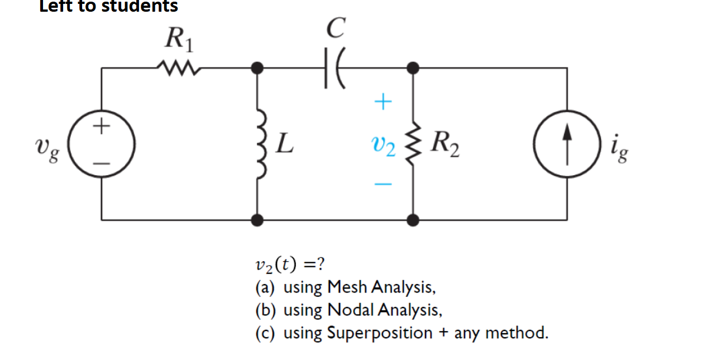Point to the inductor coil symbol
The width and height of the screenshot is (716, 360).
260,146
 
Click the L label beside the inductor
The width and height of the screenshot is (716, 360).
285,146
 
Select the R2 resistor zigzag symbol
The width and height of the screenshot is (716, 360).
413,146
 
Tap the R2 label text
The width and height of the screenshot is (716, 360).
446,146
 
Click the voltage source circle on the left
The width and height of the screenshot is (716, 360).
102,143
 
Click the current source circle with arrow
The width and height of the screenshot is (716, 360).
567,145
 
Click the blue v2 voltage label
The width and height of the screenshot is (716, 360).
383,147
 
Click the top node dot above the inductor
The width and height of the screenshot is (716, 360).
257,68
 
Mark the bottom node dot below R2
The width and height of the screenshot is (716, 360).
413,220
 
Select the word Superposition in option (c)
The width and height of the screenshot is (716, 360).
379,333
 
